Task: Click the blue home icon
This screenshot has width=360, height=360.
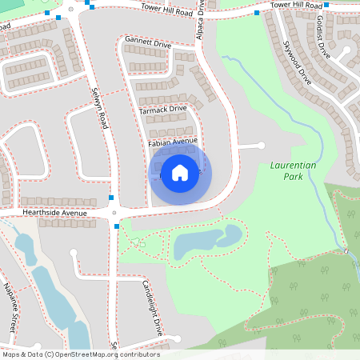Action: click(180, 172)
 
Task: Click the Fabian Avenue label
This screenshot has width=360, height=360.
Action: click(172, 141)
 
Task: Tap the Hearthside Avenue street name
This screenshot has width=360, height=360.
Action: click(54, 214)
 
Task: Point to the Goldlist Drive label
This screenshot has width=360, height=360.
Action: click(323, 36)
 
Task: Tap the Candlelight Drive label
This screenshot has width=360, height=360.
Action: click(152, 307)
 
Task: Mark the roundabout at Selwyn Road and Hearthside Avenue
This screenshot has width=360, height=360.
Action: click(117, 214)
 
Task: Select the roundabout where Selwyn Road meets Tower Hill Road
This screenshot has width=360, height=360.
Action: click(71, 11)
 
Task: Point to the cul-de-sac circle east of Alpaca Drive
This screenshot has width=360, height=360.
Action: click(262, 146)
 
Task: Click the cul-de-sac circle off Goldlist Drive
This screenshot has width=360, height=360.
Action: click(348, 51)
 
